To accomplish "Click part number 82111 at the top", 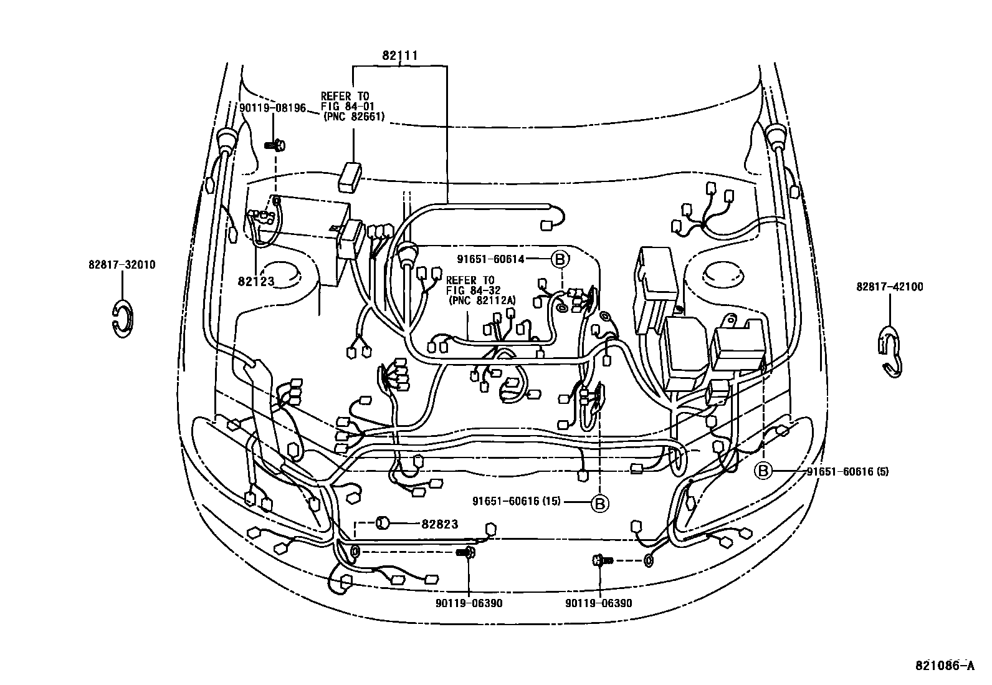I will pyautogui.click(x=399, y=56).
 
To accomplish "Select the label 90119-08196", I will pyautogui.click(x=272, y=108).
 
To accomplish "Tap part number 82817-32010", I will pyautogui.click(x=122, y=265).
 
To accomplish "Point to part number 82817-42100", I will pyautogui.click(x=890, y=287).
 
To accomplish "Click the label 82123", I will pyautogui.click(x=255, y=281).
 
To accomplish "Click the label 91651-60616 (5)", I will pyautogui.click(x=847, y=471).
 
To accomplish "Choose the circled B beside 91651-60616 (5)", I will pyautogui.click(x=763, y=471).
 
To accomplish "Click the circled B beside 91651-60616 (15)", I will pyautogui.click(x=599, y=502).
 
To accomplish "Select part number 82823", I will pyautogui.click(x=440, y=524).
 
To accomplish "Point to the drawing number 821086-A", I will pyautogui.click(x=944, y=666).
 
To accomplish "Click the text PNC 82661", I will pyautogui.click(x=353, y=116).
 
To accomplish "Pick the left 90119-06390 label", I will pyautogui.click(x=469, y=603).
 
